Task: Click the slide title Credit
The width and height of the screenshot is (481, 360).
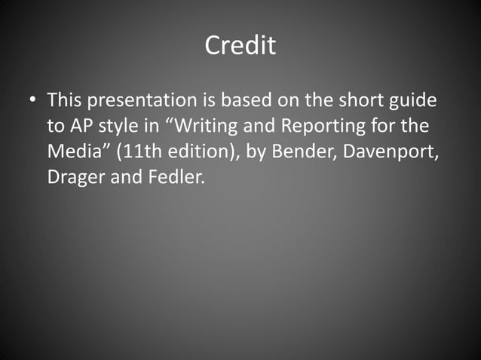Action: click(x=240, y=46)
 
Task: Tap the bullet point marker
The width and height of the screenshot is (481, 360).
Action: click(x=31, y=101)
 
